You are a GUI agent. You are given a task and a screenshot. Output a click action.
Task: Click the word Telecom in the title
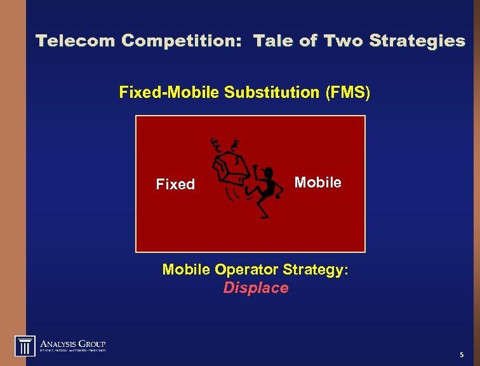(x=76, y=41)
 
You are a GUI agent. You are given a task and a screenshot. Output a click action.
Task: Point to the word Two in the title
(x=343, y=41)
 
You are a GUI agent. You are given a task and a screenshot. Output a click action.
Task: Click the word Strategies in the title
(x=417, y=41)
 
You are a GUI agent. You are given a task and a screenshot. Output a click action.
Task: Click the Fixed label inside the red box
(x=175, y=185)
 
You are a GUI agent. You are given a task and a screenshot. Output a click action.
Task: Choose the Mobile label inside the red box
(x=317, y=183)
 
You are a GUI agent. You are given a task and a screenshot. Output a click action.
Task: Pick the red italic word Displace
(x=255, y=288)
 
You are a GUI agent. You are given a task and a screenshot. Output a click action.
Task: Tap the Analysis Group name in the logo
(x=72, y=342)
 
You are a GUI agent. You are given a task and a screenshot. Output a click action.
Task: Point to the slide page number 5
(x=461, y=355)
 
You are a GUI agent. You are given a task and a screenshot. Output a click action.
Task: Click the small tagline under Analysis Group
(x=72, y=350)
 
